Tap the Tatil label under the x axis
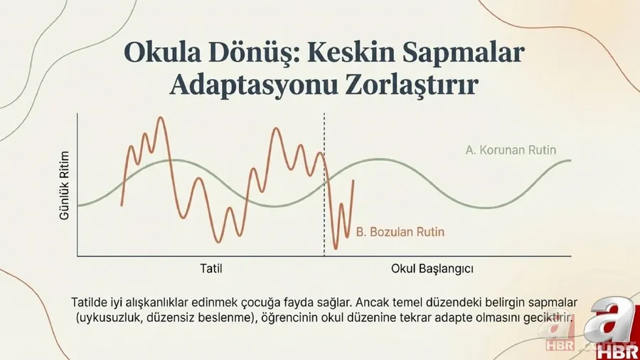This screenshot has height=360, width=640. (211, 270)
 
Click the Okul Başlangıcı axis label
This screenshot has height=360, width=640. (432, 270)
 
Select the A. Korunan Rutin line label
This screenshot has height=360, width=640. (511, 150)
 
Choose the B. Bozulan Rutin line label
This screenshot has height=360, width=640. (402, 232)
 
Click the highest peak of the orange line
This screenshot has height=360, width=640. (161, 118)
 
